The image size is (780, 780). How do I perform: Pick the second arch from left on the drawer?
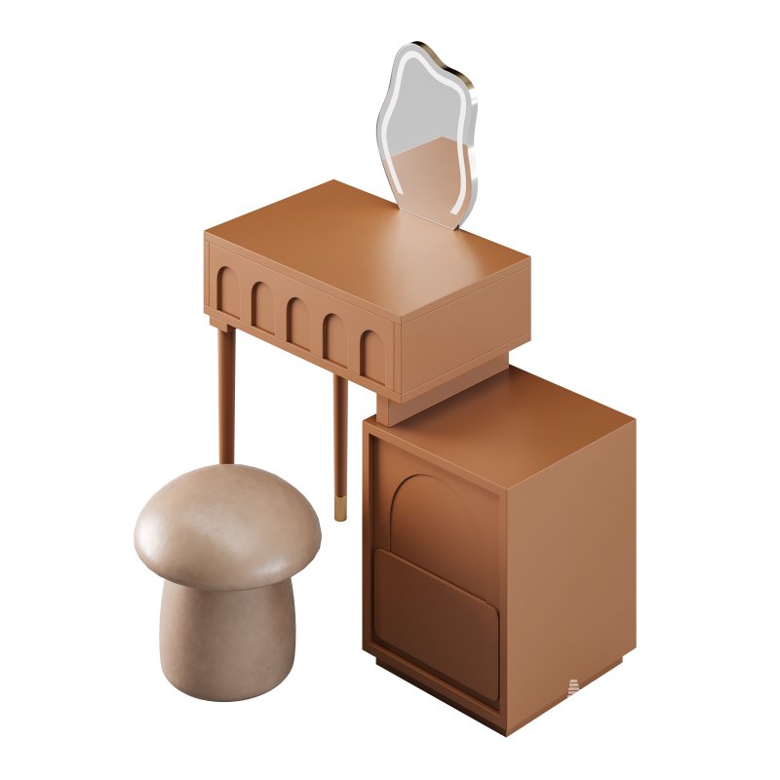pyautogui.click(x=263, y=305)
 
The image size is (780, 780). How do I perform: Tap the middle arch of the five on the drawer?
pyautogui.click(x=298, y=321)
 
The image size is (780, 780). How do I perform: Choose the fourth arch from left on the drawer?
pyautogui.click(x=334, y=337)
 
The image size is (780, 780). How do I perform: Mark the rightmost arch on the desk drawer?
pyautogui.click(x=371, y=354)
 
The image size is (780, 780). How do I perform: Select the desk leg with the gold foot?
pyautogui.click(x=339, y=439)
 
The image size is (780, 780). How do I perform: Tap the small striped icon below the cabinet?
pyautogui.click(x=573, y=688)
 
